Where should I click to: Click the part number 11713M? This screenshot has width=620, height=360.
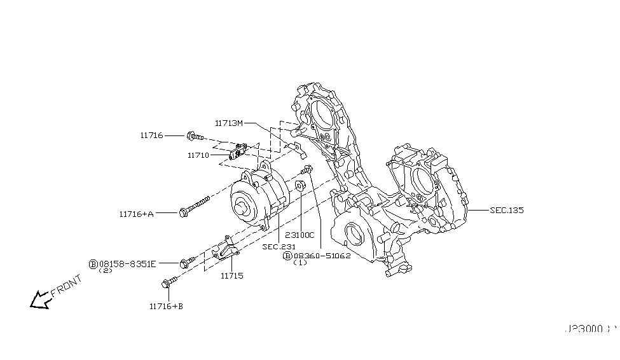point(229,123)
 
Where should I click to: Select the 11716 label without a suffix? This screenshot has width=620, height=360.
point(152,135)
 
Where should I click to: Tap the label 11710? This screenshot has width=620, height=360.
point(198,155)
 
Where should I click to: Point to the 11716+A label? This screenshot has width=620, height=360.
point(136,214)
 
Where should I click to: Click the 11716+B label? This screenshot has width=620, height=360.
point(166,306)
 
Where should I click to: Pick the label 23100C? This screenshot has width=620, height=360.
point(300,235)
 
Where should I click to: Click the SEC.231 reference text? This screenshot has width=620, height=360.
point(279,246)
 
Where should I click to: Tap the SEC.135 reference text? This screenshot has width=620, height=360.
point(507,210)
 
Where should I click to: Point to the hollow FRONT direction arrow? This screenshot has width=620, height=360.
point(40,299)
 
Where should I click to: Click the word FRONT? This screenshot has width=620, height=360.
point(65,286)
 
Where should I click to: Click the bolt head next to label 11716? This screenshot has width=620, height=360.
point(191,135)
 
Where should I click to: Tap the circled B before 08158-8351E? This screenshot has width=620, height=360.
point(93,263)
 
